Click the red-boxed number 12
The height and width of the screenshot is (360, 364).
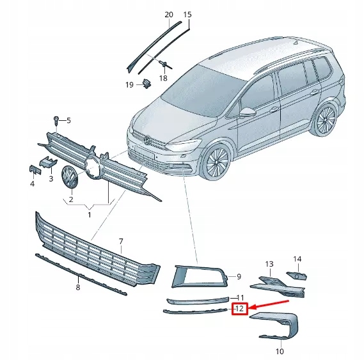[239, 309]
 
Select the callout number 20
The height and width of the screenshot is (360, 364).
[168, 14]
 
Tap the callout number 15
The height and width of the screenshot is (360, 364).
[187, 14]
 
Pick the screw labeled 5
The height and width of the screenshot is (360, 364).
[56, 120]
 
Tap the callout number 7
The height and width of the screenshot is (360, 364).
[121, 241]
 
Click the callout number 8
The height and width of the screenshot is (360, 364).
[78, 288]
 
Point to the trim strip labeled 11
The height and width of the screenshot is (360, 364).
[197, 299]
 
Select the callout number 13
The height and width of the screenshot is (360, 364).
[269, 264]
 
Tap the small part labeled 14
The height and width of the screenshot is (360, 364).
[296, 275]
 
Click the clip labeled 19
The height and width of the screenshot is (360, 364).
[147, 82]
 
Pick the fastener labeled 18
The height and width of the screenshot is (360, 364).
[164, 64]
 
